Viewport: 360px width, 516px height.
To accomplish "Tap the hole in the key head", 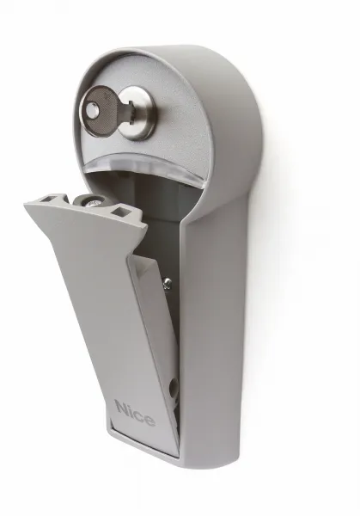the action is (x=91, y=110).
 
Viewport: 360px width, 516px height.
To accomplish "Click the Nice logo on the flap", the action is (x=135, y=414).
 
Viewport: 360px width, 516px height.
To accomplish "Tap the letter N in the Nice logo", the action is (x=121, y=408).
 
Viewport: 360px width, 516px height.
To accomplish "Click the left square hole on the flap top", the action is (x=47, y=199).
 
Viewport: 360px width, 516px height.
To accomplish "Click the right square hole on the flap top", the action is (x=119, y=209).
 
